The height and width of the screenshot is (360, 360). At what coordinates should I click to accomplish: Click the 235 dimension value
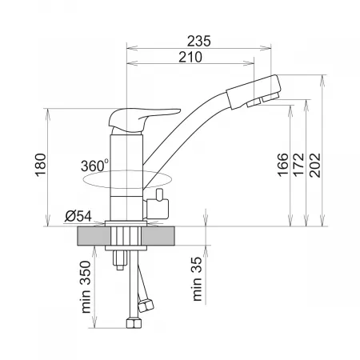pos(198,42)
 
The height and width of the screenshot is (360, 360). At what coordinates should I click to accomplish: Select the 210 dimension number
pos(190,57)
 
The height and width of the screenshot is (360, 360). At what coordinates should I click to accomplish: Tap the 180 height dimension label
pos(41,165)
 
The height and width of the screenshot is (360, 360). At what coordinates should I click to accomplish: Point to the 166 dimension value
pos(283,165)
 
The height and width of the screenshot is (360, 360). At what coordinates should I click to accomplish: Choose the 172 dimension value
pos(298,165)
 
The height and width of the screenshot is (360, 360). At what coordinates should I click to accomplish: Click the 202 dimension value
pos(315,165)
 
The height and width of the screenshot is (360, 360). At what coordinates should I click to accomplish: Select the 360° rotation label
pos(94,166)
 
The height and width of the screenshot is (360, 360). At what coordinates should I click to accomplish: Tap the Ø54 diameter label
pos(78,216)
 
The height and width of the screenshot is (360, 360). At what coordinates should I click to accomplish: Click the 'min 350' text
pos(86,287)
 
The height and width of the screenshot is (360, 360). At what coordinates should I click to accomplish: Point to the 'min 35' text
pos(197,279)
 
